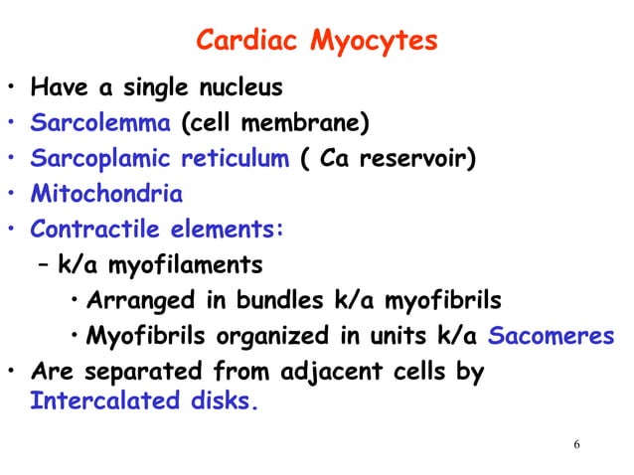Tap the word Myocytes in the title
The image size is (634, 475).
(375, 42)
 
